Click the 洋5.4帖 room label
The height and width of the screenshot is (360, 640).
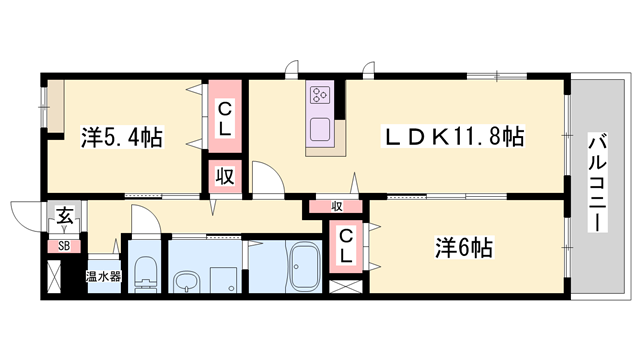(x=121, y=137)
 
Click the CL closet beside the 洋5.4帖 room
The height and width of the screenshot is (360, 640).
(x=225, y=119)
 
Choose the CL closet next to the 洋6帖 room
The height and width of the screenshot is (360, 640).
(x=343, y=245)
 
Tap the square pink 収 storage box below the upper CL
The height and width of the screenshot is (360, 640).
(x=225, y=177)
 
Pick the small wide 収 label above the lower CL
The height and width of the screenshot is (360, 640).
(x=338, y=207)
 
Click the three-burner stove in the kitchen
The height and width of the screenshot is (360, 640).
(x=322, y=96)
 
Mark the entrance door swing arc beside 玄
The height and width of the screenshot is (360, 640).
(x=25, y=212)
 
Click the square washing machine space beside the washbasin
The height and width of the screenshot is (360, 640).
(x=222, y=280)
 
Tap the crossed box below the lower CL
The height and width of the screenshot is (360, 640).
(x=343, y=286)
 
